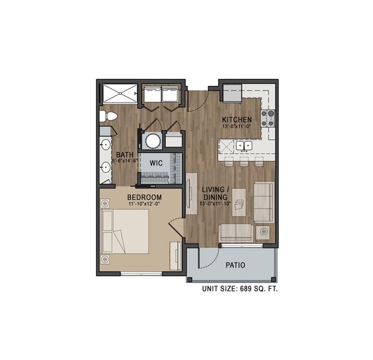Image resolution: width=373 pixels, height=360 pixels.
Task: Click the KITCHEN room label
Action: point(236,119)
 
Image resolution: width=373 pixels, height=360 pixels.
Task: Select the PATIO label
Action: point(235,265)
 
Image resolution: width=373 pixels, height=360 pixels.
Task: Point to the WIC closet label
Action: point(156,163)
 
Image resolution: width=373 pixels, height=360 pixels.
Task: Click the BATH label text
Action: point(125,154)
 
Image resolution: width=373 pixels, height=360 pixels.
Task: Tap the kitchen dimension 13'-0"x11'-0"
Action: point(237,126)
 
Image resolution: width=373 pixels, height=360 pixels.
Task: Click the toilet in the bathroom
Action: point(107,117)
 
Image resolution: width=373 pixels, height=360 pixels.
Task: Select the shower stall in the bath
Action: point(119,93)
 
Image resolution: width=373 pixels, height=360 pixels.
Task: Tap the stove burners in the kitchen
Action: point(267,118)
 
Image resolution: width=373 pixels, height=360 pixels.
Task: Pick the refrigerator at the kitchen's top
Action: point(232,92)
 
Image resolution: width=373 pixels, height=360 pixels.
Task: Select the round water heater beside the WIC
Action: point(153,141)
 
